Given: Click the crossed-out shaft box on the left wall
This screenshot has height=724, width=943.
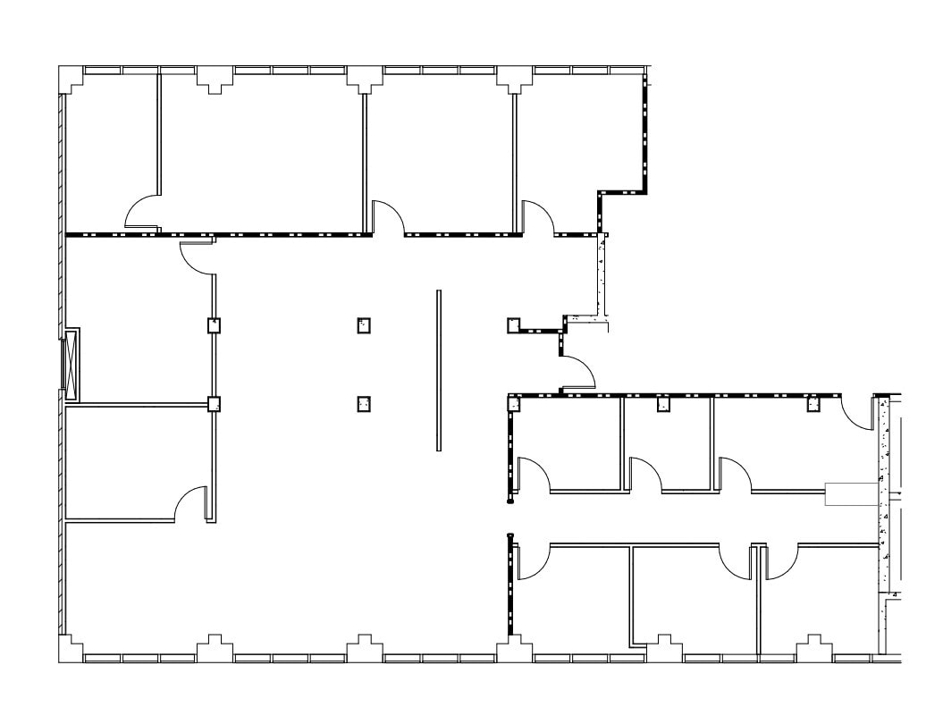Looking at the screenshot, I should (x=70, y=365).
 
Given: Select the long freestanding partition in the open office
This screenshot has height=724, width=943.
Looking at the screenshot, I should (x=438, y=370).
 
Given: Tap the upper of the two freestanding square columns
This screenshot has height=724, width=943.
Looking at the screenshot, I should (x=364, y=325).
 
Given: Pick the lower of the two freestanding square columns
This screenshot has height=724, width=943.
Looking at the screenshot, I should (x=364, y=405).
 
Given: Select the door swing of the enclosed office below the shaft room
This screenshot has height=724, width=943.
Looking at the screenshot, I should (x=189, y=505).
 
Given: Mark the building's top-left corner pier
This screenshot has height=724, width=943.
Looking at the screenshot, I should (x=71, y=78).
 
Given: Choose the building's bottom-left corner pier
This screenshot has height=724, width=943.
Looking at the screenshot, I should (x=71, y=648).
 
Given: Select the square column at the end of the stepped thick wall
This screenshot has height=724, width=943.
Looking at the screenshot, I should (x=514, y=325).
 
